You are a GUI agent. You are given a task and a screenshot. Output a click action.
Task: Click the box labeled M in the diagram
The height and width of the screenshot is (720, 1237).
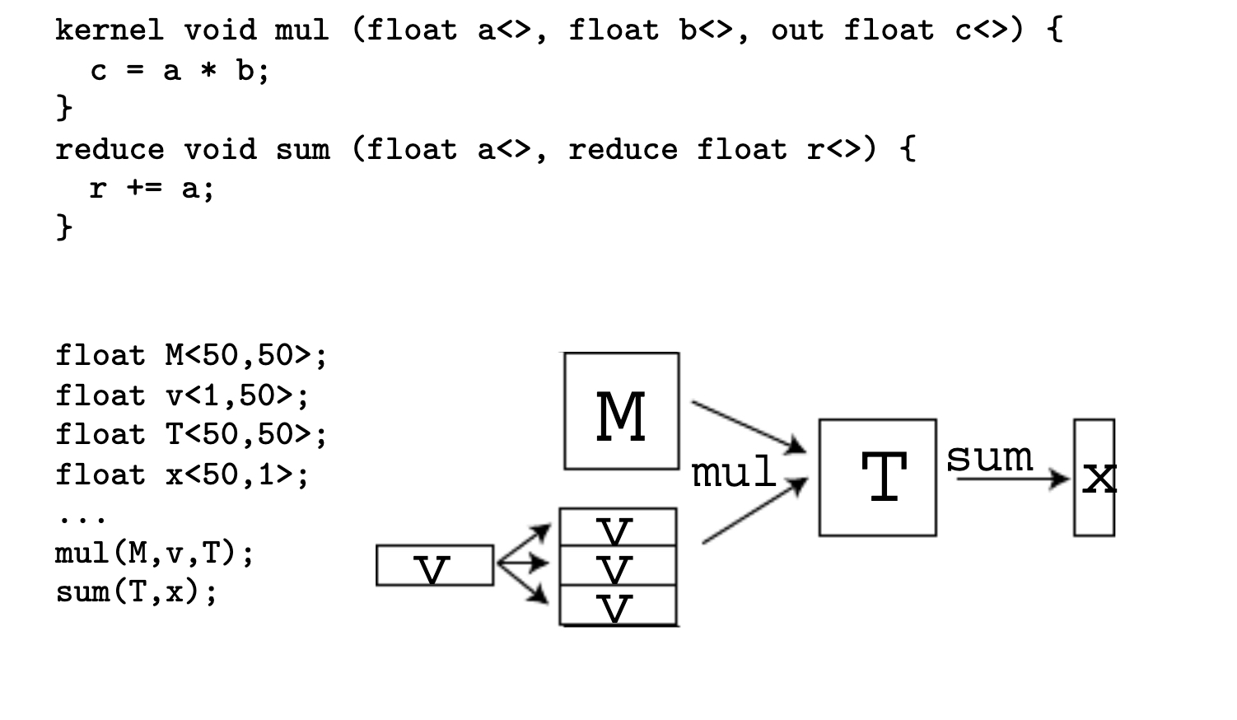(621, 411)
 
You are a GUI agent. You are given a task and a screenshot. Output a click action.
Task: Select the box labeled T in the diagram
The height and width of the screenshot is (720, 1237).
(877, 477)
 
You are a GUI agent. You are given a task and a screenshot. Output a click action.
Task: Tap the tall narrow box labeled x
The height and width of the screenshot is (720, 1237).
(1095, 477)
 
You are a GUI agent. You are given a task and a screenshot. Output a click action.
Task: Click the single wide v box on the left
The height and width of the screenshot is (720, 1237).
(435, 565)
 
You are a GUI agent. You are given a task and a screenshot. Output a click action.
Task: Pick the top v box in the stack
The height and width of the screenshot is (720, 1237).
(618, 527)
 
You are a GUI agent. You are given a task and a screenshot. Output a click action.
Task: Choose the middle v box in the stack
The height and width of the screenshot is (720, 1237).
(618, 565)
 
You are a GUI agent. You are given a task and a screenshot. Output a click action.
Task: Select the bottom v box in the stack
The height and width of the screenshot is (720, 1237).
(618, 605)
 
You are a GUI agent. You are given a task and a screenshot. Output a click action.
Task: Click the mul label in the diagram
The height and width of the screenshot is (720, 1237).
(733, 473)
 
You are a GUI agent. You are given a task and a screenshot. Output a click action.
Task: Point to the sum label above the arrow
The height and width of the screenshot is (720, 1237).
(988, 456)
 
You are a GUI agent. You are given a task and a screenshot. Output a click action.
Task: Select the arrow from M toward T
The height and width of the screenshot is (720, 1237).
(748, 427)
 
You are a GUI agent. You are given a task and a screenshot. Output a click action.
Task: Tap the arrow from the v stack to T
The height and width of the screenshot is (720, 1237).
(754, 512)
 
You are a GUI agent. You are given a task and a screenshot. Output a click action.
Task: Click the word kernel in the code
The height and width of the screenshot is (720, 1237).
(109, 30)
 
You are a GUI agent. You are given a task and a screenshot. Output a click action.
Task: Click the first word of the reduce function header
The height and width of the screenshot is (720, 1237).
(109, 150)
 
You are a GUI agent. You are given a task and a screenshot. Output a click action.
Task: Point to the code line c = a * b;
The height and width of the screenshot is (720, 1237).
(180, 71)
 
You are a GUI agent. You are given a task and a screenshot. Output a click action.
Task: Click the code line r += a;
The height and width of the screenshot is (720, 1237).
(152, 189)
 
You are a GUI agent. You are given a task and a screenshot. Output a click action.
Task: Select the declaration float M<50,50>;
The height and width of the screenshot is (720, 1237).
(191, 356)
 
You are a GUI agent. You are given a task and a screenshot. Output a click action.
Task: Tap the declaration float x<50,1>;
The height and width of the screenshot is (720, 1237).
(182, 475)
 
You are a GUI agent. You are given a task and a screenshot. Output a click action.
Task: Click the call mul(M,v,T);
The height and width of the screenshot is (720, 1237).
(154, 553)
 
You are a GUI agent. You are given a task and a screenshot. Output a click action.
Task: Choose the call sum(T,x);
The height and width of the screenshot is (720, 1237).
(136, 591)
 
